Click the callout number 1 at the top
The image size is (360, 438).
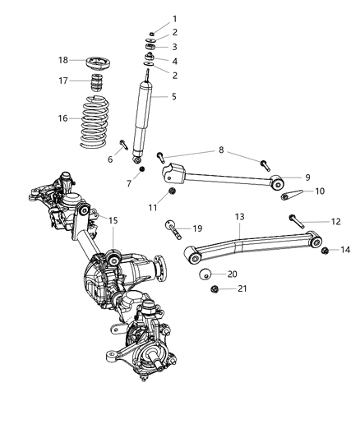coord(173,19)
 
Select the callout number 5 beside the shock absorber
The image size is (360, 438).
coord(173,97)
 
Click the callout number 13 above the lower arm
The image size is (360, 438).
coord(239,216)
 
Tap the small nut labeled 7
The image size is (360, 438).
coord(141,168)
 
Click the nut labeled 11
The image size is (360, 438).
coord(172,193)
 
